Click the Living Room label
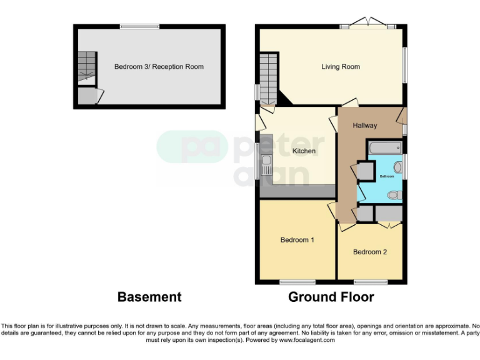point(341,67)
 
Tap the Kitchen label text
point(304,151)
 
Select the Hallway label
point(364,126)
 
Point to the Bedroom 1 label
point(297,240)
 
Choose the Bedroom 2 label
point(370,252)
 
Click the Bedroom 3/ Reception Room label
point(159,67)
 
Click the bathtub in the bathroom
point(384,148)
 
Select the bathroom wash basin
point(397,167)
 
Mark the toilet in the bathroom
point(394,196)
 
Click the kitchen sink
point(266,165)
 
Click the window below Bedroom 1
point(297,282)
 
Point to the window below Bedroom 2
point(367,282)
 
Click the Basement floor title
point(149,297)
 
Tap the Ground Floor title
point(331,297)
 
